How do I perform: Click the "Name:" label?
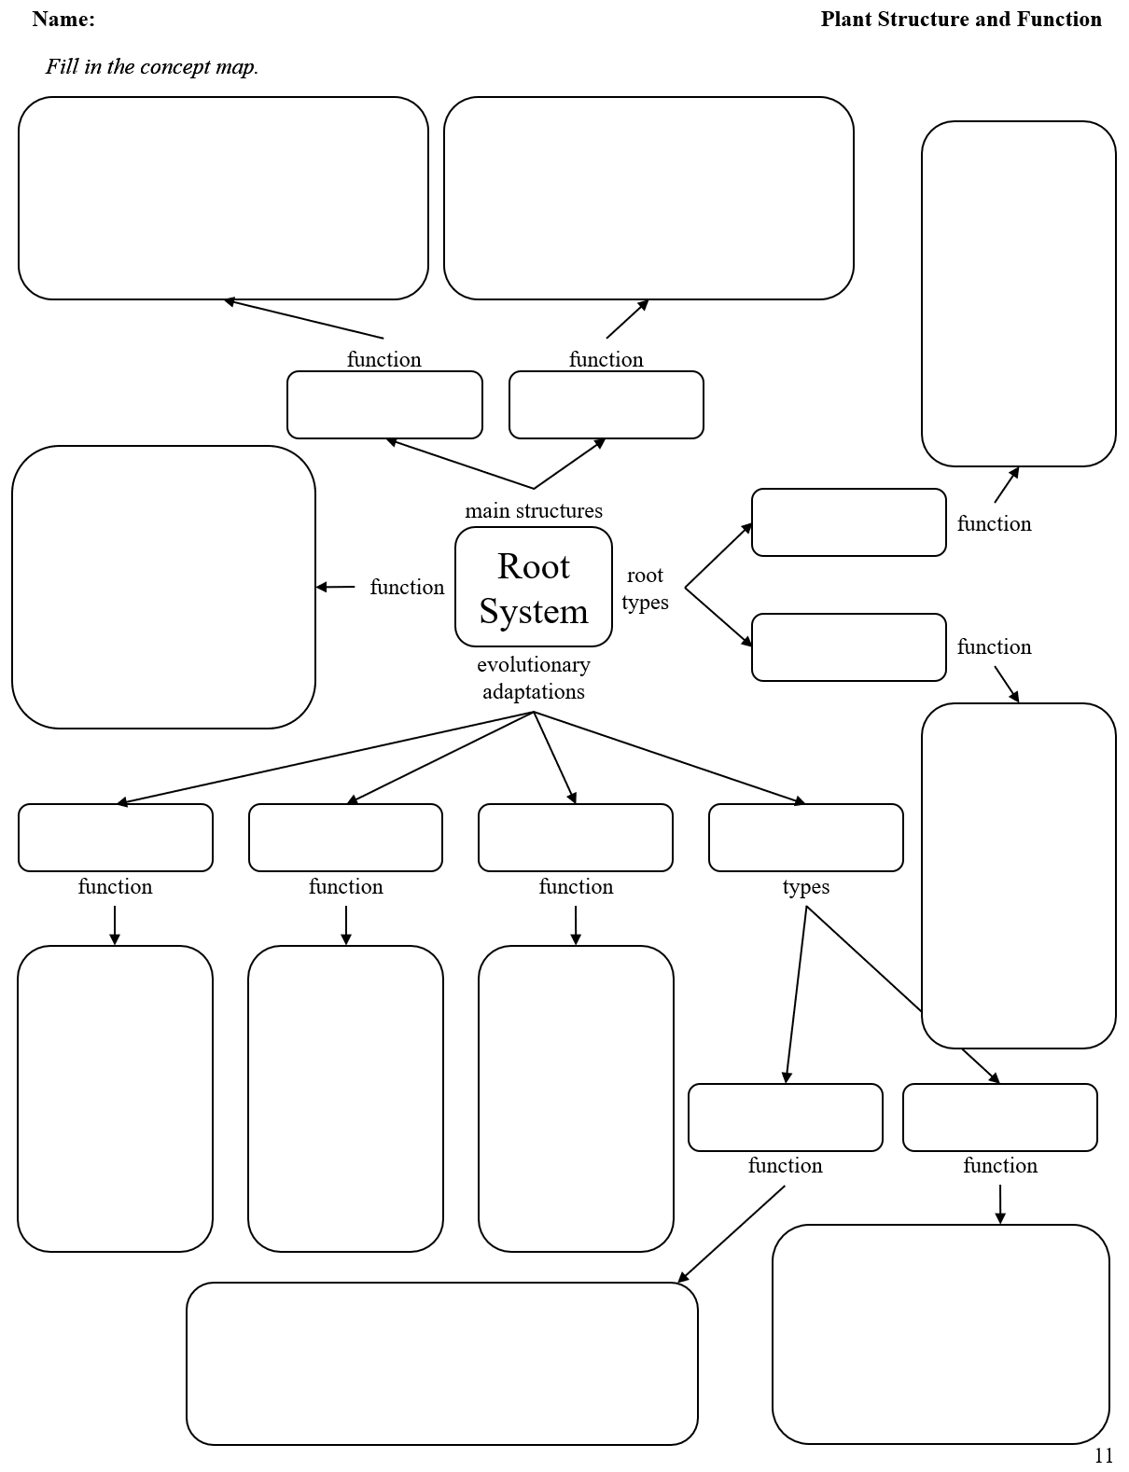click(63, 20)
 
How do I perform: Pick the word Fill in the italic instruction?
click(62, 67)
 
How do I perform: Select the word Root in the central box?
click(533, 566)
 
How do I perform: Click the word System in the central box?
click(534, 612)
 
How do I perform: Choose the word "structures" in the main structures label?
click(558, 511)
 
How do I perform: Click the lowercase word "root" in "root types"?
click(645, 576)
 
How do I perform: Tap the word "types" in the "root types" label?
click(645, 603)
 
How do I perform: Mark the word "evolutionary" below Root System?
click(534, 665)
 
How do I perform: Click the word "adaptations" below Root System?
click(534, 692)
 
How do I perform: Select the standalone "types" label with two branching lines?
click(806, 887)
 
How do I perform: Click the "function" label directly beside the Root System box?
click(407, 588)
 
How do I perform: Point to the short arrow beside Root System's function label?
click(336, 588)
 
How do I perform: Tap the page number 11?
click(1104, 1455)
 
